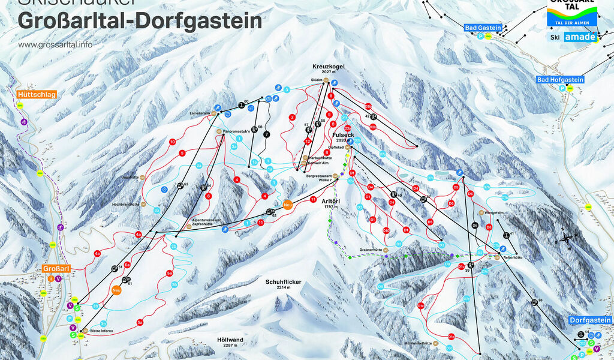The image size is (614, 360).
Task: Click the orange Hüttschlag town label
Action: click(32, 94)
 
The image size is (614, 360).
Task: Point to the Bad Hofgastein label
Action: click(560, 79)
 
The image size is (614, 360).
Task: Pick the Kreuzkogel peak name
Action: click(326, 66)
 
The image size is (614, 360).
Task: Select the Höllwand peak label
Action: click(228, 339)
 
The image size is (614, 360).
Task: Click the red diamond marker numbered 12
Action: click(308, 142)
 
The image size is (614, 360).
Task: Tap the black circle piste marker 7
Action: click(267, 134)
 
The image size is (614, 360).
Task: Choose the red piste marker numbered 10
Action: click(172, 142)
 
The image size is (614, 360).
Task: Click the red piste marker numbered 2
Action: click(292, 118)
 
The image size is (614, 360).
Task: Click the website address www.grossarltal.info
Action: click(55, 44)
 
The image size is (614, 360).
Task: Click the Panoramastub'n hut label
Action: click(240, 130)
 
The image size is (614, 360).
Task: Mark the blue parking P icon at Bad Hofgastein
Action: click(562, 88)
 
